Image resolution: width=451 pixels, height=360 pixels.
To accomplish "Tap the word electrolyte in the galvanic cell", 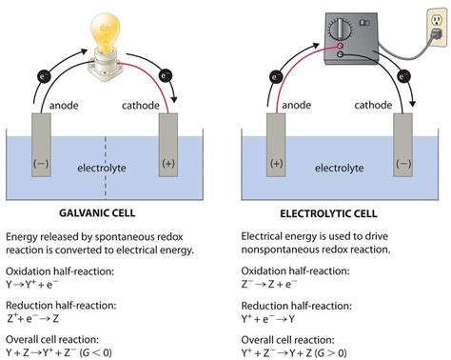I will [x=102, y=169].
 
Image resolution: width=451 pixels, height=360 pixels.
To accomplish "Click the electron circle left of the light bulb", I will [x=44, y=72].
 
